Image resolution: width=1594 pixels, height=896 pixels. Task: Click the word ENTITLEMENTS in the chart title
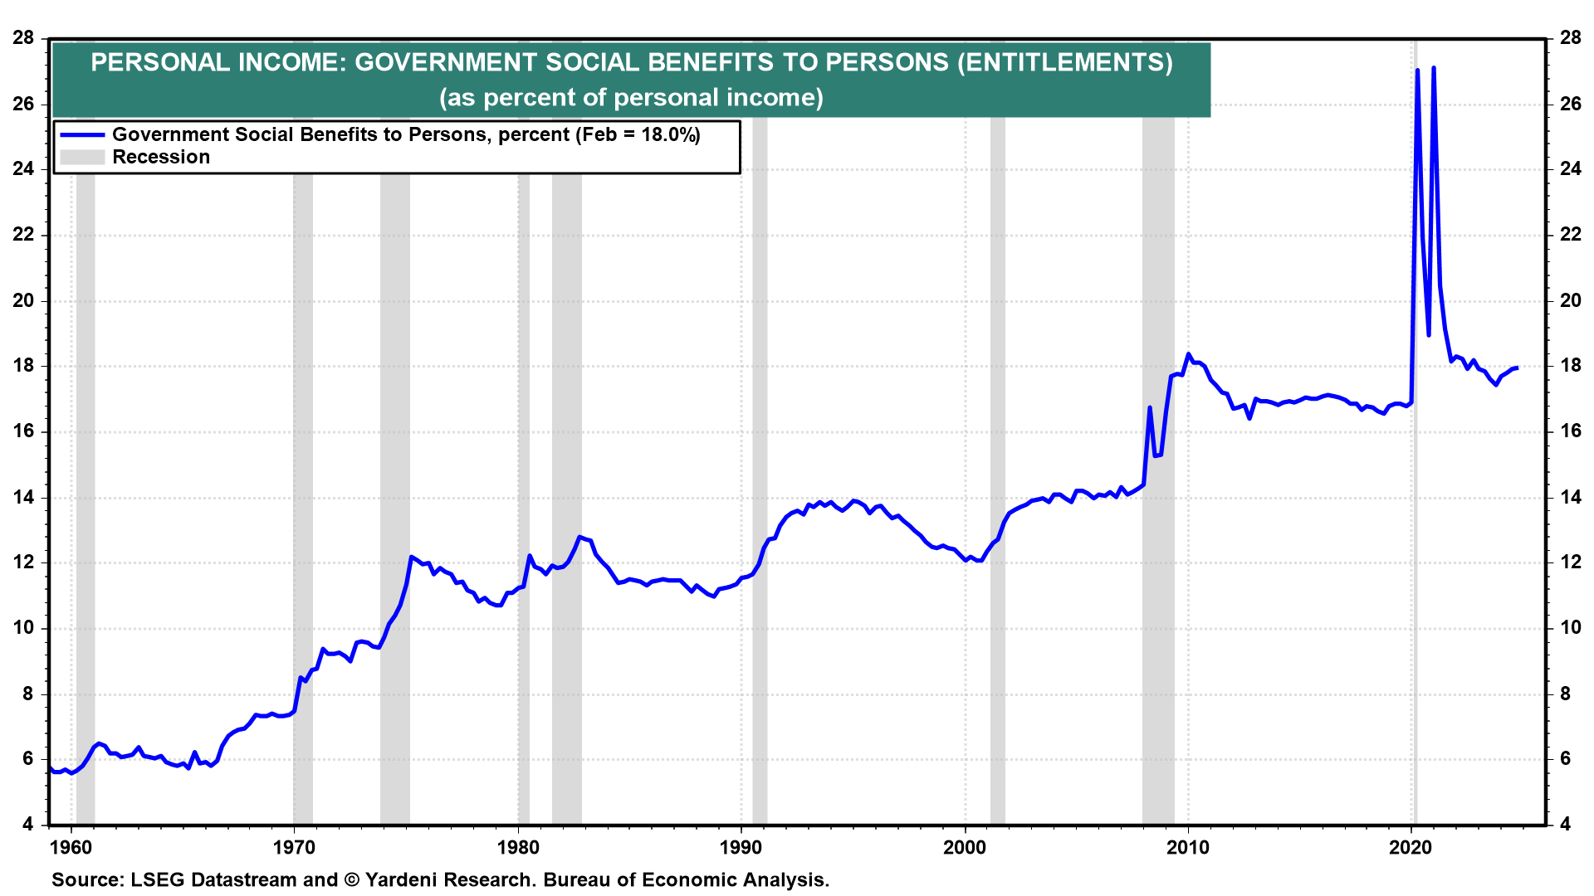pyautogui.click(x=1064, y=63)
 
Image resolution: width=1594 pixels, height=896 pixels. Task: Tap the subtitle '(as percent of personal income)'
pyautogui.click(x=631, y=98)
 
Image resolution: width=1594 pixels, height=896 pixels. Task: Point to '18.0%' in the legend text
pyautogui.click(x=669, y=135)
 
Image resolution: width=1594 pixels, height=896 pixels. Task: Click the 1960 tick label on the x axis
pyautogui.click(x=71, y=848)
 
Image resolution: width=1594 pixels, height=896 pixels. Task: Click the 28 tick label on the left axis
pyautogui.click(x=23, y=38)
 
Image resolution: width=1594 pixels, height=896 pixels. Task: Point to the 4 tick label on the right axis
pyautogui.click(x=1565, y=825)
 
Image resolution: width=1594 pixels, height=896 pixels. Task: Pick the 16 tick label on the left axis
pyautogui.click(x=23, y=431)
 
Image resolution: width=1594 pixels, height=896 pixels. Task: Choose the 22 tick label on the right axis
pyautogui.click(x=1570, y=235)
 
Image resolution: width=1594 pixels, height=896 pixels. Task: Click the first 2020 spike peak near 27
pyautogui.click(x=1417, y=71)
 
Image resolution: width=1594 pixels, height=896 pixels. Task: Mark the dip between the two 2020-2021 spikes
pyautogui.click(x=1428, y=334)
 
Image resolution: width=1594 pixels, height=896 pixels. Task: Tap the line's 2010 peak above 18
pyautogui.click(x=1188, y=354)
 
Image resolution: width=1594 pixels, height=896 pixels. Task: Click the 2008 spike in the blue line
pyautogui.click(x=1150, y=408)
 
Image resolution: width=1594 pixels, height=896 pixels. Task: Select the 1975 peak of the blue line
pyautogui.click(x=411, y=557)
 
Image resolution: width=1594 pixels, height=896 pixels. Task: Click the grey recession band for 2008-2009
pyautogui.click(x=1158, y=664)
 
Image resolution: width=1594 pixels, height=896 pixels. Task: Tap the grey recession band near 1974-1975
pyautogui.click(x=395, y=705)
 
